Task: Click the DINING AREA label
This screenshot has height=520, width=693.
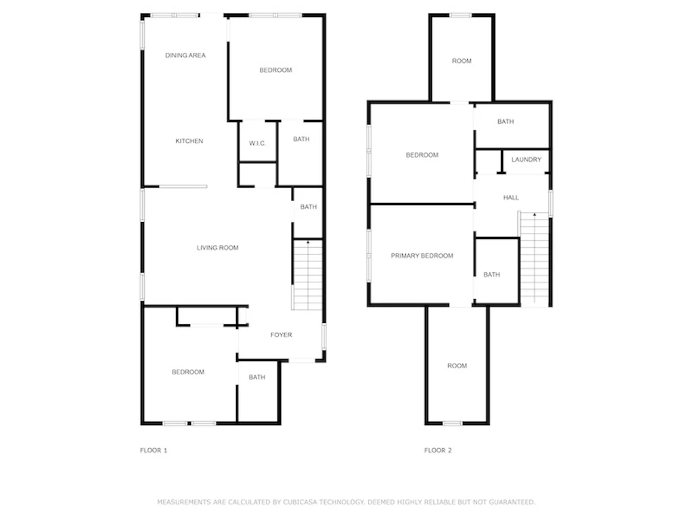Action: tap(185, 56)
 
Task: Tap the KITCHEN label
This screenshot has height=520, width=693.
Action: tap(189, 141)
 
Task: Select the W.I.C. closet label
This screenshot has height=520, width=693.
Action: tap(258, 144)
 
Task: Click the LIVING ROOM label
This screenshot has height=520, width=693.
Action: tap(217, 248)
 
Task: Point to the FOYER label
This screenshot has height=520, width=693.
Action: tap(281, 334)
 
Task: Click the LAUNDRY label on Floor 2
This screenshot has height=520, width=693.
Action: tap(527, 159)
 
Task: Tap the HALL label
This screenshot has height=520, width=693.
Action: tap(511, 197)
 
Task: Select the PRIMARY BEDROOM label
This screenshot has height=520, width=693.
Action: tap(422, 255)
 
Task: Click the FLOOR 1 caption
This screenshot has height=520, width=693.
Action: tap(154, 450)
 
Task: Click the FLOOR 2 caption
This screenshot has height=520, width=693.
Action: tap(438, 450)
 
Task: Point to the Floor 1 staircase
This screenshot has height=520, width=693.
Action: tap(308, 275)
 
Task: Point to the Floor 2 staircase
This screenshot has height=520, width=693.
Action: tap(535, 259)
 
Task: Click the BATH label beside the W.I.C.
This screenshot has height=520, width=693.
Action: tap(301, 139)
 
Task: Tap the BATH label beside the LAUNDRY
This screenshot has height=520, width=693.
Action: tap(506, 122)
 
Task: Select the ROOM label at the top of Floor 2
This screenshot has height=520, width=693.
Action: tap(462, 60)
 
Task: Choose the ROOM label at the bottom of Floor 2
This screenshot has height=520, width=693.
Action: tap(457, 366)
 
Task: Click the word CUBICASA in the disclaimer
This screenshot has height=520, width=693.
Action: tap(300, 502)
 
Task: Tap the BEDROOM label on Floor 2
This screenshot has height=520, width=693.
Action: tap(422, 155)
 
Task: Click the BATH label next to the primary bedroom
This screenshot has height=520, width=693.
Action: tap(491, 275)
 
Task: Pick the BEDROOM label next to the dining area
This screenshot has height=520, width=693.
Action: tap(275, 70)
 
